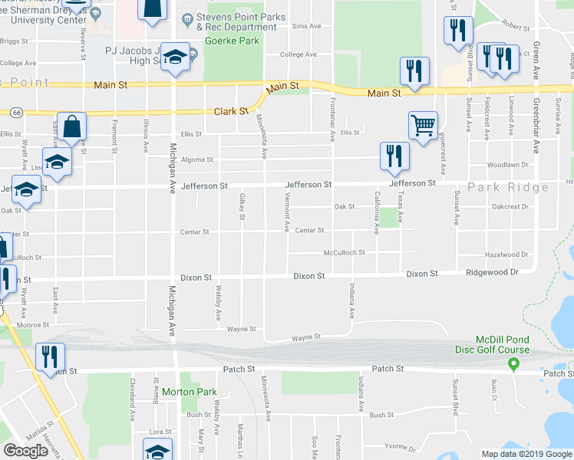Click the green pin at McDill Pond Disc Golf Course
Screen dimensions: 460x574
(x=514, y=362)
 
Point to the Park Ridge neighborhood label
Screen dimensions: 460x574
(x=508, y=187)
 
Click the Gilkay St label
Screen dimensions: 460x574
(x=242, y=205)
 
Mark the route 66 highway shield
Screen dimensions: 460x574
(x=16, y=113)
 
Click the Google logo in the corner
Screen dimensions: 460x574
(x=25, y=451)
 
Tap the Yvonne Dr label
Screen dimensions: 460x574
(x=399, y=449)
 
